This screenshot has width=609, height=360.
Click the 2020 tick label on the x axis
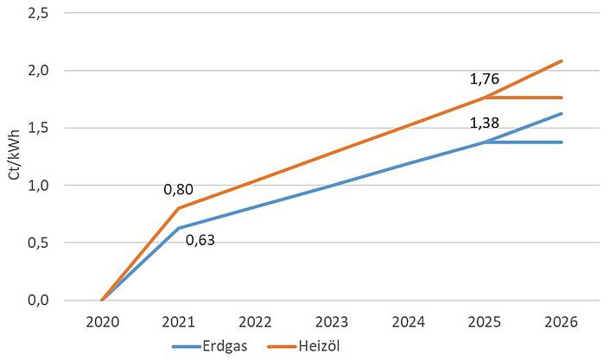[102, 322]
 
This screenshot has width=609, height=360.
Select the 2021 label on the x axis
[178, 322]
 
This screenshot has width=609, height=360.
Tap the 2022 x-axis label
[255, 322]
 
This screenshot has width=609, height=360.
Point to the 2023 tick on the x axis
[331, 322]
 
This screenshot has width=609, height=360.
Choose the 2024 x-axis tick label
[408, 322]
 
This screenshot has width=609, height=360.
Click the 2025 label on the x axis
[485, 322]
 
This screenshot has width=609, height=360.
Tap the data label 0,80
[179, 188]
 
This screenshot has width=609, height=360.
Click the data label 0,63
[200, 239]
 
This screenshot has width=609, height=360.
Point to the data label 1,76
[485, 79]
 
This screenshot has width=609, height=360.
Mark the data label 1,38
[485, 123]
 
